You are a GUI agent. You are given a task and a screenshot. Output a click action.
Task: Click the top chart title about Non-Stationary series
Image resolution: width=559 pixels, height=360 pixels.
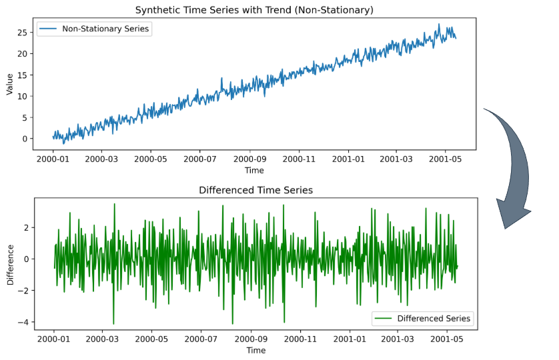tap(254, 10)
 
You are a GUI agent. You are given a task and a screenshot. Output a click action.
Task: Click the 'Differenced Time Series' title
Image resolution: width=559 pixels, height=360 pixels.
tap(255, 190)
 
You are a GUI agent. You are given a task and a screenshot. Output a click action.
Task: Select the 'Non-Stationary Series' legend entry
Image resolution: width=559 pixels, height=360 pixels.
tap(93, 29)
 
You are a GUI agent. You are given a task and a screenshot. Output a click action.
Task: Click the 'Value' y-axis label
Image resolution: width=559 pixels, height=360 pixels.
tap(9, 84)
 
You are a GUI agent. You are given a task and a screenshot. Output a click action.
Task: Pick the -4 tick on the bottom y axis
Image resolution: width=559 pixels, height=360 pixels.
tap(21, 322)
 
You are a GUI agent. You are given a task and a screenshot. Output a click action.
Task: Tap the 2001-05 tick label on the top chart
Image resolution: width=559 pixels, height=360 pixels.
tap(447, 160)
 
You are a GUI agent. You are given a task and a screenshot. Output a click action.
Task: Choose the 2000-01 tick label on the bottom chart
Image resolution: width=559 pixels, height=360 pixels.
tap(54, 339)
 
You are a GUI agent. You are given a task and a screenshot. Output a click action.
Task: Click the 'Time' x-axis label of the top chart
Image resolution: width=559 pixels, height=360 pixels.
tap(255, 171)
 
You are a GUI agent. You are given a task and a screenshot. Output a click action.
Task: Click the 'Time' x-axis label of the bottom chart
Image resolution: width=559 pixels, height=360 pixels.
tap(255, 350)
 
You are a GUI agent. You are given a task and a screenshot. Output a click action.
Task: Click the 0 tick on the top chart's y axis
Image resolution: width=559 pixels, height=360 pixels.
tap(24, 139)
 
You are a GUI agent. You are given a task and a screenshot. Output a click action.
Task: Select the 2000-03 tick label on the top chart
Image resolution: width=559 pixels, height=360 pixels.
tap(102, 160)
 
